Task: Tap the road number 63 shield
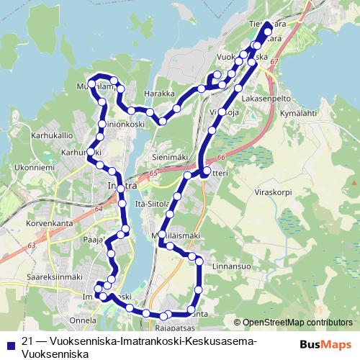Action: click(32, 246)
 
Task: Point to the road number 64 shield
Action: click(99, 208)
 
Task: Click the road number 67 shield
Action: click(274, 63)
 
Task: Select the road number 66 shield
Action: click(220, 158)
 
